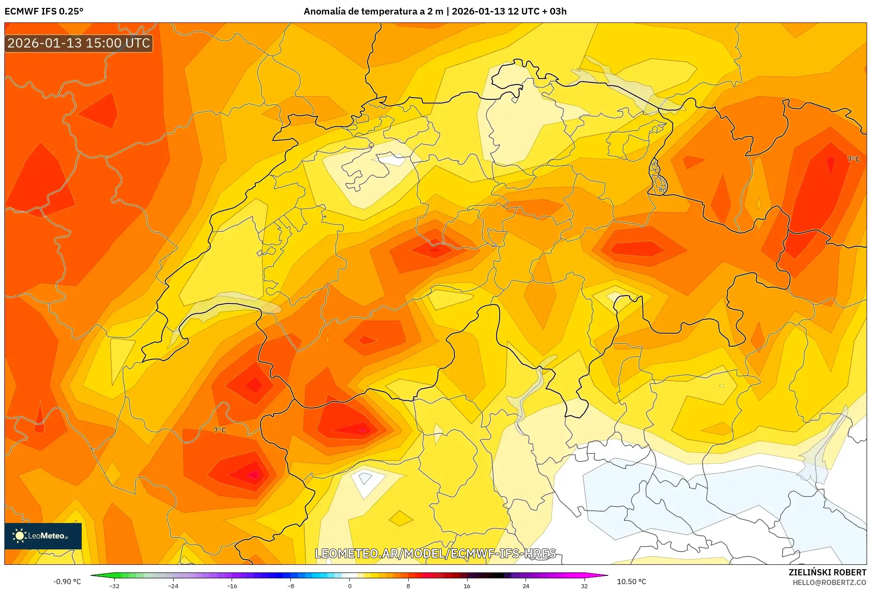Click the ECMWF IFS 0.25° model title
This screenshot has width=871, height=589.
tap(44, 11)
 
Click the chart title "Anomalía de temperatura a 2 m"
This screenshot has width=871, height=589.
tap(373, 11)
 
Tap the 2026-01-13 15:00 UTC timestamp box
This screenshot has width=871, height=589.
tap(79, 43)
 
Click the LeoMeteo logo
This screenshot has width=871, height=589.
tap(43, 536)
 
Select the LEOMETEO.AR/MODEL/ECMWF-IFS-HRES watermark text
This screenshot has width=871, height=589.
tap(435, 553)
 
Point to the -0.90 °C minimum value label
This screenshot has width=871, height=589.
tap(67, 582)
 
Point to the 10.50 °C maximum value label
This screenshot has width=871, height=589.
tap(631, 582)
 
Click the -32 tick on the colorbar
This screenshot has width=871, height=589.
tap(114, 586)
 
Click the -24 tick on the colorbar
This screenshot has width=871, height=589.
tap(173, 586)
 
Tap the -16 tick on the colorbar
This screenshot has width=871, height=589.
tap(232, 586)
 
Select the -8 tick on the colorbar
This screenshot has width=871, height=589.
tap(291, 586)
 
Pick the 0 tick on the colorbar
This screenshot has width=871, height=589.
tap(350, 586)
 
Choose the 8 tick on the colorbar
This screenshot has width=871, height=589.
tap(408, 586)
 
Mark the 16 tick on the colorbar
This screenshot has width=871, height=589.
tap(467, 586)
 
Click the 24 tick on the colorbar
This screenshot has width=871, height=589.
tap(526, 586)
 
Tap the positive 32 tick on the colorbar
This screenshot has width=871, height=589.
tap(584, 586)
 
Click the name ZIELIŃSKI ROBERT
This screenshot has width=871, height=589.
tap(827, 572)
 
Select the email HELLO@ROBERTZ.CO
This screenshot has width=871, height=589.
tap(829, 582)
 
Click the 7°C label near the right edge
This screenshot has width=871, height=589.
tap(853, 159)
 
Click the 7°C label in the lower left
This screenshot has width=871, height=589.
tap(220, 430)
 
